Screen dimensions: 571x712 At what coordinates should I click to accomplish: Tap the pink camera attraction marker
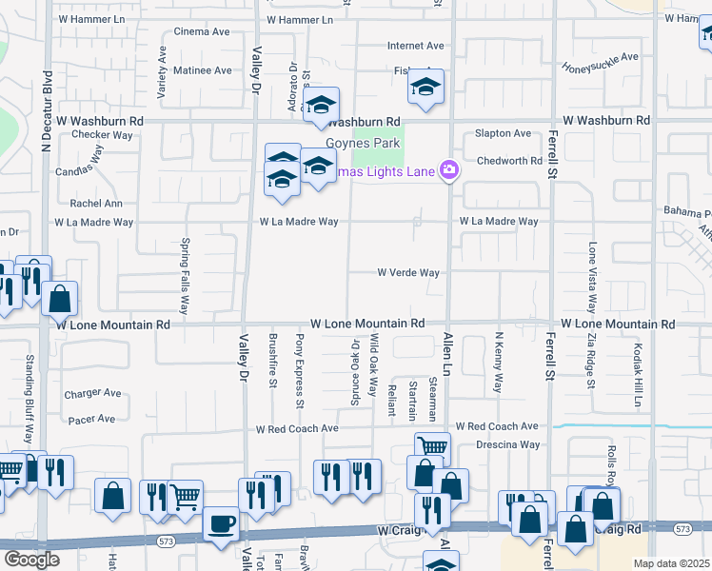[449, 171]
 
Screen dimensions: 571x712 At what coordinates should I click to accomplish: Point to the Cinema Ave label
[202, 31]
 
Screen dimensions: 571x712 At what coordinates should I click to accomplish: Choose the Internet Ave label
[415, 46]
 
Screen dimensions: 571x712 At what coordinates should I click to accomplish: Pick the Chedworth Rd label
[509, 161]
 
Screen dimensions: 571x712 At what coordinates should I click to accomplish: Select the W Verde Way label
[408, 273]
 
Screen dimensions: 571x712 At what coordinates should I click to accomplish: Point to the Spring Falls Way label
[186, 276]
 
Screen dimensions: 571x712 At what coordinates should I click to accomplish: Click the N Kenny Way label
[498, 363]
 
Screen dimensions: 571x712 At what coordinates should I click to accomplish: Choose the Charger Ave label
[92, 393]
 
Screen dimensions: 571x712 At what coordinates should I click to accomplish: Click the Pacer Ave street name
[90, 419]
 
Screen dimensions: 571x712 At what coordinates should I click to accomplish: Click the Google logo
[31, 559]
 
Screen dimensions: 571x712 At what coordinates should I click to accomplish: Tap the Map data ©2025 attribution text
[671, 563]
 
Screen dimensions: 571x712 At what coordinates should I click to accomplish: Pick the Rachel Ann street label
[96, 204]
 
